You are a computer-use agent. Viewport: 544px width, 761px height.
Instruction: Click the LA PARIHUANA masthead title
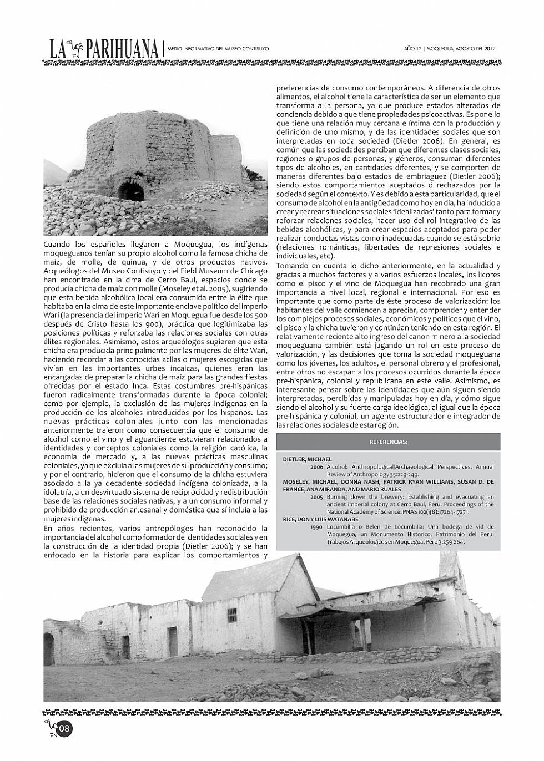pos(103,49)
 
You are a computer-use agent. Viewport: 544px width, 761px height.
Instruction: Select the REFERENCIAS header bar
pos(388,442)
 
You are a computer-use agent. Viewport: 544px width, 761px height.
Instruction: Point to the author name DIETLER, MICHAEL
pos(307,459)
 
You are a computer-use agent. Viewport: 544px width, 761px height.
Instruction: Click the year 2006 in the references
pos(317,467)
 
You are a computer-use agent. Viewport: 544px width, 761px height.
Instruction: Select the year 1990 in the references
pos(317,527)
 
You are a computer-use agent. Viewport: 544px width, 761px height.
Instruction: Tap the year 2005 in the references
pos(317,497)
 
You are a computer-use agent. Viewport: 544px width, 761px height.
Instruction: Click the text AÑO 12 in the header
pos(413,49)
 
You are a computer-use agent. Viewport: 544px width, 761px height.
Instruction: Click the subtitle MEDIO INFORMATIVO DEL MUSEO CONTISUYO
pos(218,49)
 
